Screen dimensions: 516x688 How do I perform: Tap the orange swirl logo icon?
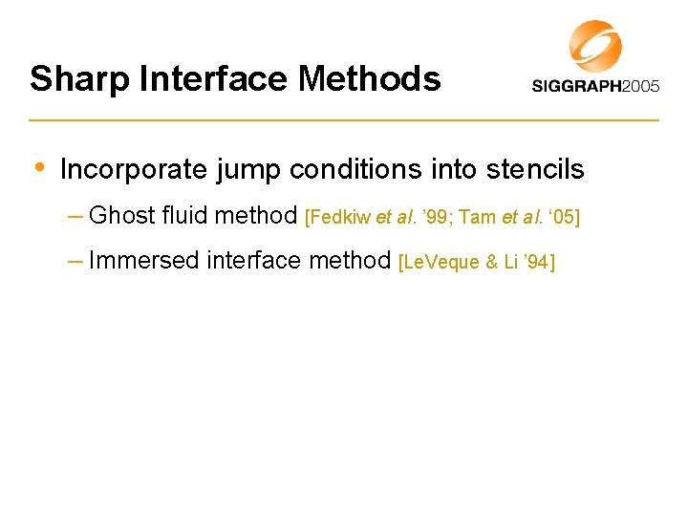pyautogui.click(x=595, y=45)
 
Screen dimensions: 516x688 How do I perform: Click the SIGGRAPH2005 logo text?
pyautogui.click(x=595, y=87)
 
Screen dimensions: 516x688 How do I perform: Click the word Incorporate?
pyautogui.click(x=133, y=170)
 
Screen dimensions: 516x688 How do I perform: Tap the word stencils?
pyautogui.click(x=535, y=170)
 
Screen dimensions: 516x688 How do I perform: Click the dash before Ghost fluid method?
pyautogui.click(x=75, y=217)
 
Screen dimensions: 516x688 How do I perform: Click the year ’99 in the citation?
pyautogui.click(x=433, y=218)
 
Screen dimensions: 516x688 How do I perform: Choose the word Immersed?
pyautogui.click(x=135, y=260)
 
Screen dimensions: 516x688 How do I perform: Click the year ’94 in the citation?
pyautogui.click(x=533, y=262)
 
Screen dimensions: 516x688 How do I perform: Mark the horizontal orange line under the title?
pyautogui.click(x=344, y=120)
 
